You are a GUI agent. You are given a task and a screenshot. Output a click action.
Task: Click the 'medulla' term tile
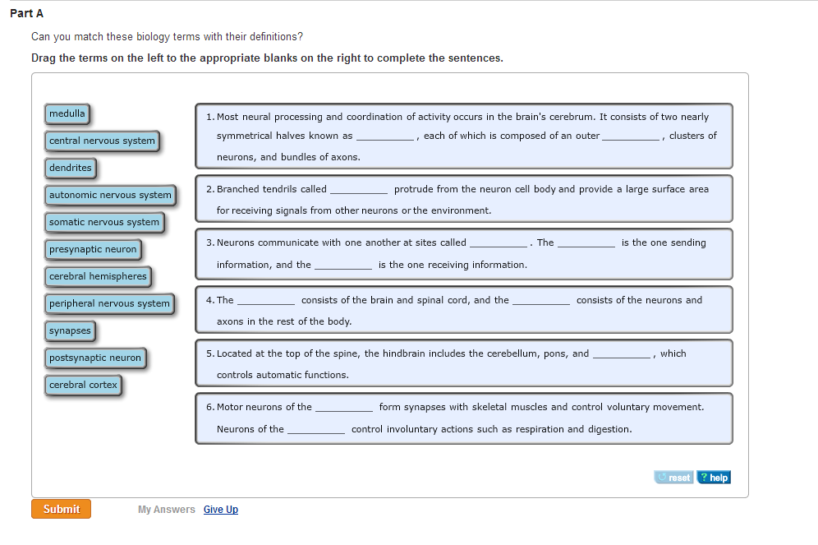(67, 113)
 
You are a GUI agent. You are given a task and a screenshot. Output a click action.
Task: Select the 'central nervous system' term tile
(102, 141)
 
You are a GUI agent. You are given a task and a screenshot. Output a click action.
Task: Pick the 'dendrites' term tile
(71, 168)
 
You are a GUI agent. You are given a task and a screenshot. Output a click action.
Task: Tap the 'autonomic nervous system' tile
(110, 195)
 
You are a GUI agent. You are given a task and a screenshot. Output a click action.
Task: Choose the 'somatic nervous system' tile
(104, 222)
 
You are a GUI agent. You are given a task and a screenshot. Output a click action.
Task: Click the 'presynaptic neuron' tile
(93, 249)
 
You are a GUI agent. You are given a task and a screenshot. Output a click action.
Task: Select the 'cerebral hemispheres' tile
(98, 276)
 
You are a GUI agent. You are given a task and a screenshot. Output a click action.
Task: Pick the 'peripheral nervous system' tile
(109, 303)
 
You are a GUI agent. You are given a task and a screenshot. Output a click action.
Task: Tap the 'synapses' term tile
(70, 330)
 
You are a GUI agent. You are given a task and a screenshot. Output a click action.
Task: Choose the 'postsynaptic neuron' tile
(95, 358)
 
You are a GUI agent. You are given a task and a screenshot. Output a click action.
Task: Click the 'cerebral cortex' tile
(84, 385)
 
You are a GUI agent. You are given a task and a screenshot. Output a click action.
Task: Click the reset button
(674, 478)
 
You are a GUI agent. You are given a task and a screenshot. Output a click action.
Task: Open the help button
(714, 478)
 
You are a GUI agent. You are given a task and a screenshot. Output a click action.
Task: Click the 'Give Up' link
(221, 510)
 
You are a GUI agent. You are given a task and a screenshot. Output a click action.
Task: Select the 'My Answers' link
(167, 510)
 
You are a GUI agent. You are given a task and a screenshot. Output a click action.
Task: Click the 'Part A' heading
(27, 14)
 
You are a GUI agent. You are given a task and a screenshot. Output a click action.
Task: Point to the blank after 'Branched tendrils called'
(359, 191)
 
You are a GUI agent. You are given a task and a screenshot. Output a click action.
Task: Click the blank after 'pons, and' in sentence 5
(621, 355)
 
